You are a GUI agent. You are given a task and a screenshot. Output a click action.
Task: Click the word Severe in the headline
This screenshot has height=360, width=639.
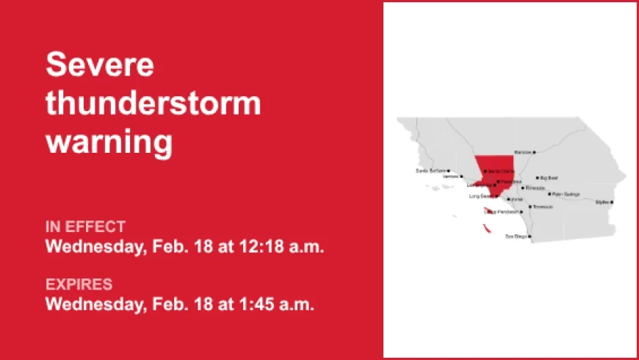[x=100, y=65]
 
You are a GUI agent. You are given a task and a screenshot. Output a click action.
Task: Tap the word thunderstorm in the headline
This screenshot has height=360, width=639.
[x=153, y=104]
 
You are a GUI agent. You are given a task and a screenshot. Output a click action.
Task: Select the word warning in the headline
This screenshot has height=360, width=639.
[x=109, y=142]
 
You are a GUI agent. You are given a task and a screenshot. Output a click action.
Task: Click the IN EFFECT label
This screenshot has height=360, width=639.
[x=85, y=226]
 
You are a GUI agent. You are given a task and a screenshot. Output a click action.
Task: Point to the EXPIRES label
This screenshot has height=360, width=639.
[x=79, y=284]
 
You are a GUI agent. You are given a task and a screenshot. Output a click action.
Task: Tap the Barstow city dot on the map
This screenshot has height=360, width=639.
[x=534, y=152]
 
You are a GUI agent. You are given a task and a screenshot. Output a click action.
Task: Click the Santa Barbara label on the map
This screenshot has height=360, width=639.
[x=431, y=170]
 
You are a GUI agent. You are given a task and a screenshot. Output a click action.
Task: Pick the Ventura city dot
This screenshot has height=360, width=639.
[x=461, y=176]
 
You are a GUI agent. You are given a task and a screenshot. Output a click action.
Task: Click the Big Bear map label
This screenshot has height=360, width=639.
[x=550, y=178]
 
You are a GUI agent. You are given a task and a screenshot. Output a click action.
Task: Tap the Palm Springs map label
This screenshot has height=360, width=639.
[x=566, y=195]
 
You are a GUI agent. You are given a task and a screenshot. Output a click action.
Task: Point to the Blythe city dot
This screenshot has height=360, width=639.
[x=611, y=201]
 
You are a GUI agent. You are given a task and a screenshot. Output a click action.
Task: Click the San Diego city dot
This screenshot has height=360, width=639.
[x=530, y=237]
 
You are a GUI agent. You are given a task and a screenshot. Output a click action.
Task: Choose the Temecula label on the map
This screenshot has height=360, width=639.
[x=543, y=206]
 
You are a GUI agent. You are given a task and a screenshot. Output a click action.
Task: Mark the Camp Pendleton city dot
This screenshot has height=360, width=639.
[x=521, y=212]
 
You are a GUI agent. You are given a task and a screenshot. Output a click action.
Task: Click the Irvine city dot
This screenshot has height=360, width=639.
[x=508, y=199]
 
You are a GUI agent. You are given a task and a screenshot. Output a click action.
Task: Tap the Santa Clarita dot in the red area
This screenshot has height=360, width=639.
[x=485, y=171]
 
